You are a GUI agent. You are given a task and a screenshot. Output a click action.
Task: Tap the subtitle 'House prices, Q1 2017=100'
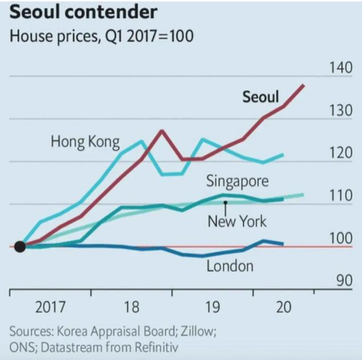pos(102,37)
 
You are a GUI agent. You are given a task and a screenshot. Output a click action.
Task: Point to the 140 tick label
pos(341,68)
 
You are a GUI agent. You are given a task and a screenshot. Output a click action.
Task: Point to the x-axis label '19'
pos(213,307)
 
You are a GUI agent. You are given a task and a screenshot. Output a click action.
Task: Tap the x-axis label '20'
pos(283,307)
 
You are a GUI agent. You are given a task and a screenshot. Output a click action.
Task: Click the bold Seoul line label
pos(260,97)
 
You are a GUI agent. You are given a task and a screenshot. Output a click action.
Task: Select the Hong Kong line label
pos(85,141)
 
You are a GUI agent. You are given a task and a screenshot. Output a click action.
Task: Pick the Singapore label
pos(237,181)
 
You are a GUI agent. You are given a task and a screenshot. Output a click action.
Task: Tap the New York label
pos(237,221)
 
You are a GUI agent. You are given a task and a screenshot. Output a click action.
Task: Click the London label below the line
pos(230,266)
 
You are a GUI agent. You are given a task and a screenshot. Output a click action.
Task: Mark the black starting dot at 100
pos(19,247)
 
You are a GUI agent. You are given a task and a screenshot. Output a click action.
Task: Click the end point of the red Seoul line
pos(304,85)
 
